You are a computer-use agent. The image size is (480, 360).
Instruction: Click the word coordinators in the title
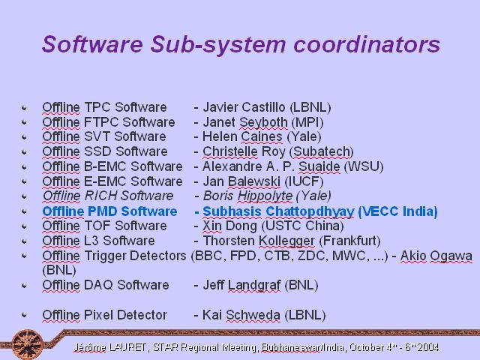click(x=367, y=44)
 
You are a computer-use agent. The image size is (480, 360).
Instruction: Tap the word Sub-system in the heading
click(x=218, y=45)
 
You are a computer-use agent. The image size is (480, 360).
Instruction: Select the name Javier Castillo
click(x=244, y=107)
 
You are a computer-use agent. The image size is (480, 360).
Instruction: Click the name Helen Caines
click(x=242, y=136)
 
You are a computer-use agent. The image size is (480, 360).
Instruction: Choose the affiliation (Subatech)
click(x=322, y=151)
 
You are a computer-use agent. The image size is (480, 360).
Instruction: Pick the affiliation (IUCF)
click(x=304, y=181)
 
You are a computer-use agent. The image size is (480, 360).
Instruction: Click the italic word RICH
click(x=100, y=196)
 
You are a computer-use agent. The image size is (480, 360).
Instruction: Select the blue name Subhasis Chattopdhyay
click(x=278, y=211)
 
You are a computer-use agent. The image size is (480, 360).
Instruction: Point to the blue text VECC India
click(x=398, y=211)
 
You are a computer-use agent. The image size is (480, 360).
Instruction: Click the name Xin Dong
click(x=230, y=226)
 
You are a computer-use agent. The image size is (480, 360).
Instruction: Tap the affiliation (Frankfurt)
click(x=350, y=241)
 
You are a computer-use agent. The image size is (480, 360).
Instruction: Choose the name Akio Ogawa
click(x=436, y=256)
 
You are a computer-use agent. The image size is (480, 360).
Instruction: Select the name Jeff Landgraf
click(x=241, y=285)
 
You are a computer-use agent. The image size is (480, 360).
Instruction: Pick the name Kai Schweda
click(x=241, y=315)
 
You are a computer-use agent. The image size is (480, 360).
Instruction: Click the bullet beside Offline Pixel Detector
click(x=24, y=315)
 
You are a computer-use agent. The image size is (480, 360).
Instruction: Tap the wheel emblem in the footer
click(x=28, y=344)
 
